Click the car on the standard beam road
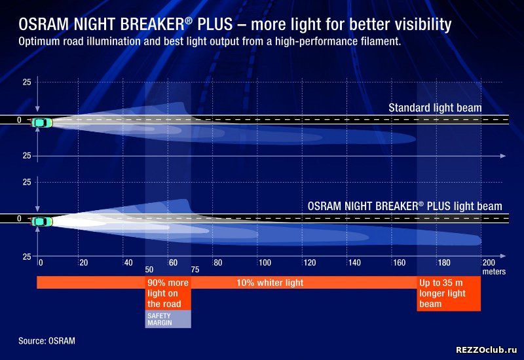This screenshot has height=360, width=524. click(x=42, y=123)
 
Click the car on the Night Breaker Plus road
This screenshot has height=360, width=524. click(x=42, y=221)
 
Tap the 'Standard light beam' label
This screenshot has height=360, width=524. click(x=435, y=108)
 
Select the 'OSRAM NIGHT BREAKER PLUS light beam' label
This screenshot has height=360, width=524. click(x=405, y=206)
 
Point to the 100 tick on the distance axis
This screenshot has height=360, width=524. click(x=265, y=263)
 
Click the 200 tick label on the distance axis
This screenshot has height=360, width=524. click(x=489, y=263)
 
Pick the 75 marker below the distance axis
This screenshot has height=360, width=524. click(x=195, y=270)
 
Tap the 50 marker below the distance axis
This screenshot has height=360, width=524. click(x=149, y=270)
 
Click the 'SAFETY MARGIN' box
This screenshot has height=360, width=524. click(x=168, y=319)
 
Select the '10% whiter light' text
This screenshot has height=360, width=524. click(x=270, y=283)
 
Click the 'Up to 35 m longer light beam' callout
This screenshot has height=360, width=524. click(x=449, y=293)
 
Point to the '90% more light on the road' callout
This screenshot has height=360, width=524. click(x=168, y=293)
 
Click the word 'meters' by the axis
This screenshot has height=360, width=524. click(x=494, y=272)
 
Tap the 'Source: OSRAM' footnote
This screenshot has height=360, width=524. click(x=47, y=341)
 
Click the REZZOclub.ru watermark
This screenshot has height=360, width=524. click(x=487, y=350)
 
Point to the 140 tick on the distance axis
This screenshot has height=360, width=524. click(x=354, y=263)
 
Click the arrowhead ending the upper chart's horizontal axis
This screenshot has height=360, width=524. click(x=503, y=156)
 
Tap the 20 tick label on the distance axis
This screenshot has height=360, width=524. click(x=84, y=263)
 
